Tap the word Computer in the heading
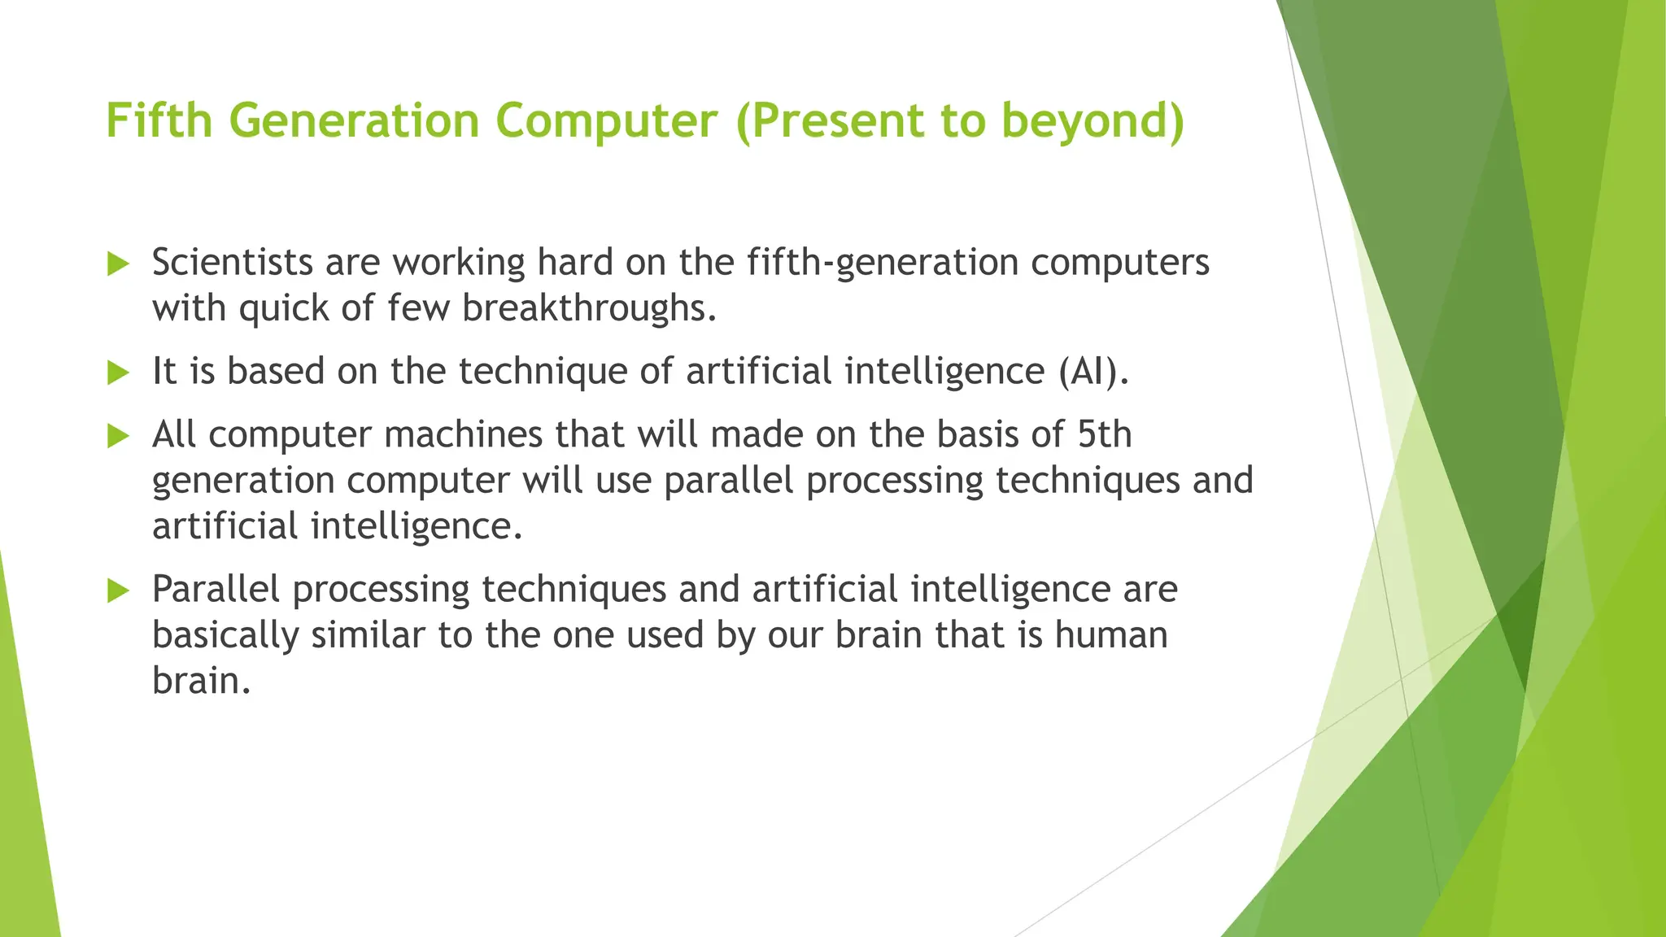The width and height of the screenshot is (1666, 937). coord(606,120)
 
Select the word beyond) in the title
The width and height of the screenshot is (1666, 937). coord(1092,120)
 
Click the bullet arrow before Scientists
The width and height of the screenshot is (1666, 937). coord(119,264)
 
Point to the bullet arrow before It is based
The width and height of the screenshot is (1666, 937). coord(119,373)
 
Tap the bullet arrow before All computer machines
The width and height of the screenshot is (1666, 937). coord(119,436)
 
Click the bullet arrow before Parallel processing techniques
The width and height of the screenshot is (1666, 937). coord(119,591)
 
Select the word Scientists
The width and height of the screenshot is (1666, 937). coord(233,262)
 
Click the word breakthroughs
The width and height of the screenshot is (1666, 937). coord(590,308)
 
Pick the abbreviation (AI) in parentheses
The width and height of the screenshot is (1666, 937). coord(1093,372)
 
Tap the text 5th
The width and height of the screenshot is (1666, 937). coord(1104,434)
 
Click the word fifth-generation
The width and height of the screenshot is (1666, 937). coord(882,263)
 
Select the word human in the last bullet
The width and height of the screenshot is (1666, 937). coord(1111,634)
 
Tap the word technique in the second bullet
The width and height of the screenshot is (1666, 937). coord(543,372)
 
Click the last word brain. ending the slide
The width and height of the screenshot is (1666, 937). coord(201,681)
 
